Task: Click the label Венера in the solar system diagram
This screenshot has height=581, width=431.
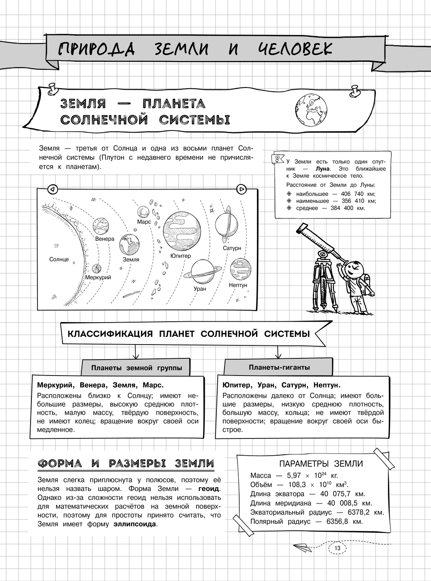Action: tap(105, 239)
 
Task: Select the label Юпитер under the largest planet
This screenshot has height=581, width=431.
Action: tap(180, 256)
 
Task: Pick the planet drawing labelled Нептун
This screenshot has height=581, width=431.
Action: tap(238, 268)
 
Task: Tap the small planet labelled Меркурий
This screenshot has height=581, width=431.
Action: tap(97, 269)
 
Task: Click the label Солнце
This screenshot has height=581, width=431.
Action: tap(59, 259)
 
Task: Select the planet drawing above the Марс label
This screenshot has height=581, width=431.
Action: tap(144, 212)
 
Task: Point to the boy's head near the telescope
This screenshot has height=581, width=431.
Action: tap(354, 268)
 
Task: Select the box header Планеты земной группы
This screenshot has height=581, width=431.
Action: tap(136, 368)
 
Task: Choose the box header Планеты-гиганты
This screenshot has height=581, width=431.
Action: tap(279, 367)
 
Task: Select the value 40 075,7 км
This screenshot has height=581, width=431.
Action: tap(346, 494)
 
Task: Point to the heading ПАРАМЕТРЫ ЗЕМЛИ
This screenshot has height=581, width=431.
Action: tap(321, 464)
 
